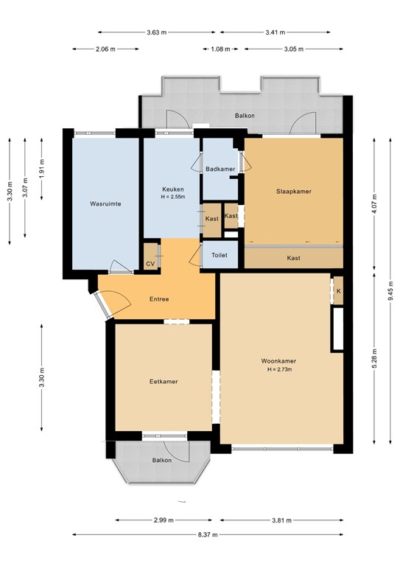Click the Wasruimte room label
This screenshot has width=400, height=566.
105,203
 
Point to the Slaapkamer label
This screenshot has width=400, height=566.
294,191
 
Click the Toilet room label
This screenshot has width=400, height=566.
220,255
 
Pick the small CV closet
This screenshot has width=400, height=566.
151,263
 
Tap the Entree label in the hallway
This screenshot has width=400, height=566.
159,298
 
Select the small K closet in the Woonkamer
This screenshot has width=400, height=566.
338,290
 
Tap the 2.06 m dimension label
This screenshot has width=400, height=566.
106,49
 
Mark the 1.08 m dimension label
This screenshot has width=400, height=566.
221,49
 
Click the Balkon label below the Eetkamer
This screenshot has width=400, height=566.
162,460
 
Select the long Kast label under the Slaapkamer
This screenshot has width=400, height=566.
293,258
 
